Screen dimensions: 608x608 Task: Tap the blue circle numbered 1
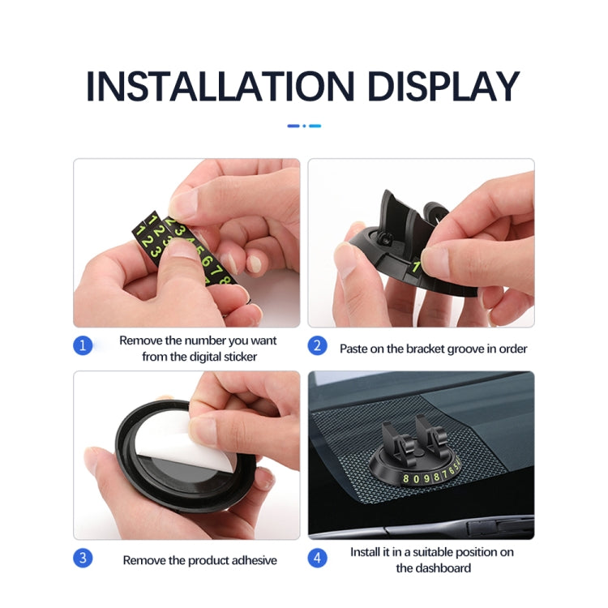point(82,346)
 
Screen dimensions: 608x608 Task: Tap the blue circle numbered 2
point(318,346)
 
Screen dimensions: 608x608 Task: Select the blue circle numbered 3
point(82,558)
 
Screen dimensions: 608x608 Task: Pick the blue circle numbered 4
point(318,558)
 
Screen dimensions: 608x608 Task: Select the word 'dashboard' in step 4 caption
point(444,567)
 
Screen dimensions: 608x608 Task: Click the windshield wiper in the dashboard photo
point(486,524)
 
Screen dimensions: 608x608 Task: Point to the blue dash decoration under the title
point(304,126)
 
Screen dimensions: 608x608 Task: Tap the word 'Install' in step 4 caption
point(366,552)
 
